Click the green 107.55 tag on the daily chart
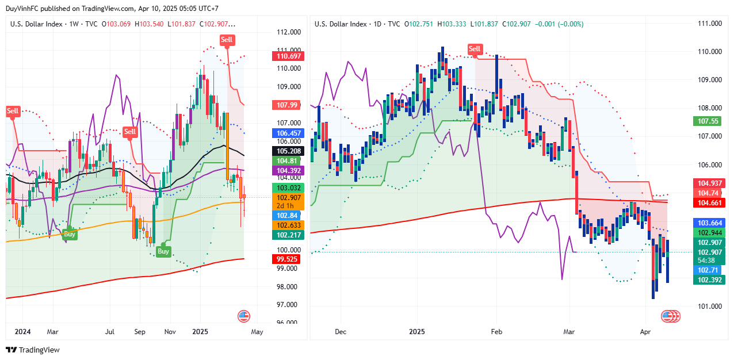click(x=708, y=121)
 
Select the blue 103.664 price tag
click(x=710, y=223)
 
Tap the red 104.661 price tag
click(x=710, y=202)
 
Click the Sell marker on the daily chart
click(x=475, y=49)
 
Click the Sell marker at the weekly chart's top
click(x=227, y=40)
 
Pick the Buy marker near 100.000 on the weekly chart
click(x=163, y=251)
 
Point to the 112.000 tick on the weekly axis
click(x=289, y=32)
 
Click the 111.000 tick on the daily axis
click(x=709, y=24)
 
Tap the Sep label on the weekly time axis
click(x=140, y=332)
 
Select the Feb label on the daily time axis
click(x=496, y=332)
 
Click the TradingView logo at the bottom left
click(x=33, y=350)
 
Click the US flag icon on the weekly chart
click(x=244, y=316)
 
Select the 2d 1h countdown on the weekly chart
click(x=285, y=206)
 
